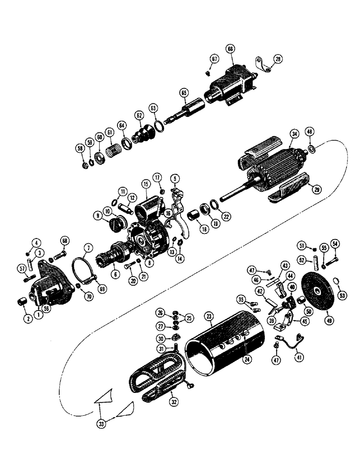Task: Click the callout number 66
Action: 230,48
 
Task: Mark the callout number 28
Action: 278,59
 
